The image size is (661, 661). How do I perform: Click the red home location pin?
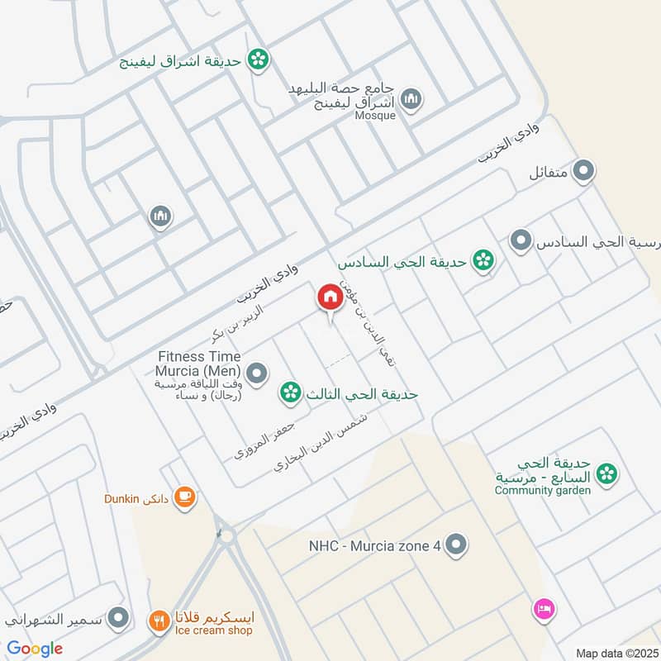(x=330, y=298)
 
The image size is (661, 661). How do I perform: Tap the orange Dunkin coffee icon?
(x=184, y=497)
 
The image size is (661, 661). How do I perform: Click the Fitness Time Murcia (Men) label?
(x=202, y=363)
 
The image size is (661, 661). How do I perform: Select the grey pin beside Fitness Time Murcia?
(x=257, y=374)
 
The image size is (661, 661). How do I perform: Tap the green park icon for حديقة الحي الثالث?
(x=289, y=392)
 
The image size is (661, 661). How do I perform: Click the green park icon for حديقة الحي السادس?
(x=483, y=262)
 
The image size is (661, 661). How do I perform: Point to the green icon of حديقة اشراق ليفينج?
(x=259, y=58)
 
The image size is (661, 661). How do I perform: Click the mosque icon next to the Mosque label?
(x=411, y=100)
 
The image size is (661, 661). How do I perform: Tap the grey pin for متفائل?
(x=584, y=172)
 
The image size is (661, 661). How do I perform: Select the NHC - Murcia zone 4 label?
(x=374, y=545)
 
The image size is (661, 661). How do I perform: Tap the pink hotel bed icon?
(x=544, y=610)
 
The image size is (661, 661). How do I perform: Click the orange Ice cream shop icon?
(x=159, y=620)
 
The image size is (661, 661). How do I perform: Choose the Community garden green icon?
(x=607, y=474)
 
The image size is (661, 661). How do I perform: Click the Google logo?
(x=35, y=649)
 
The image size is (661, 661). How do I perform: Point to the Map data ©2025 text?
(x=616, y=653)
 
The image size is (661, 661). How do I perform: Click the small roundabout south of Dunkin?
(x=227, y=536)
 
